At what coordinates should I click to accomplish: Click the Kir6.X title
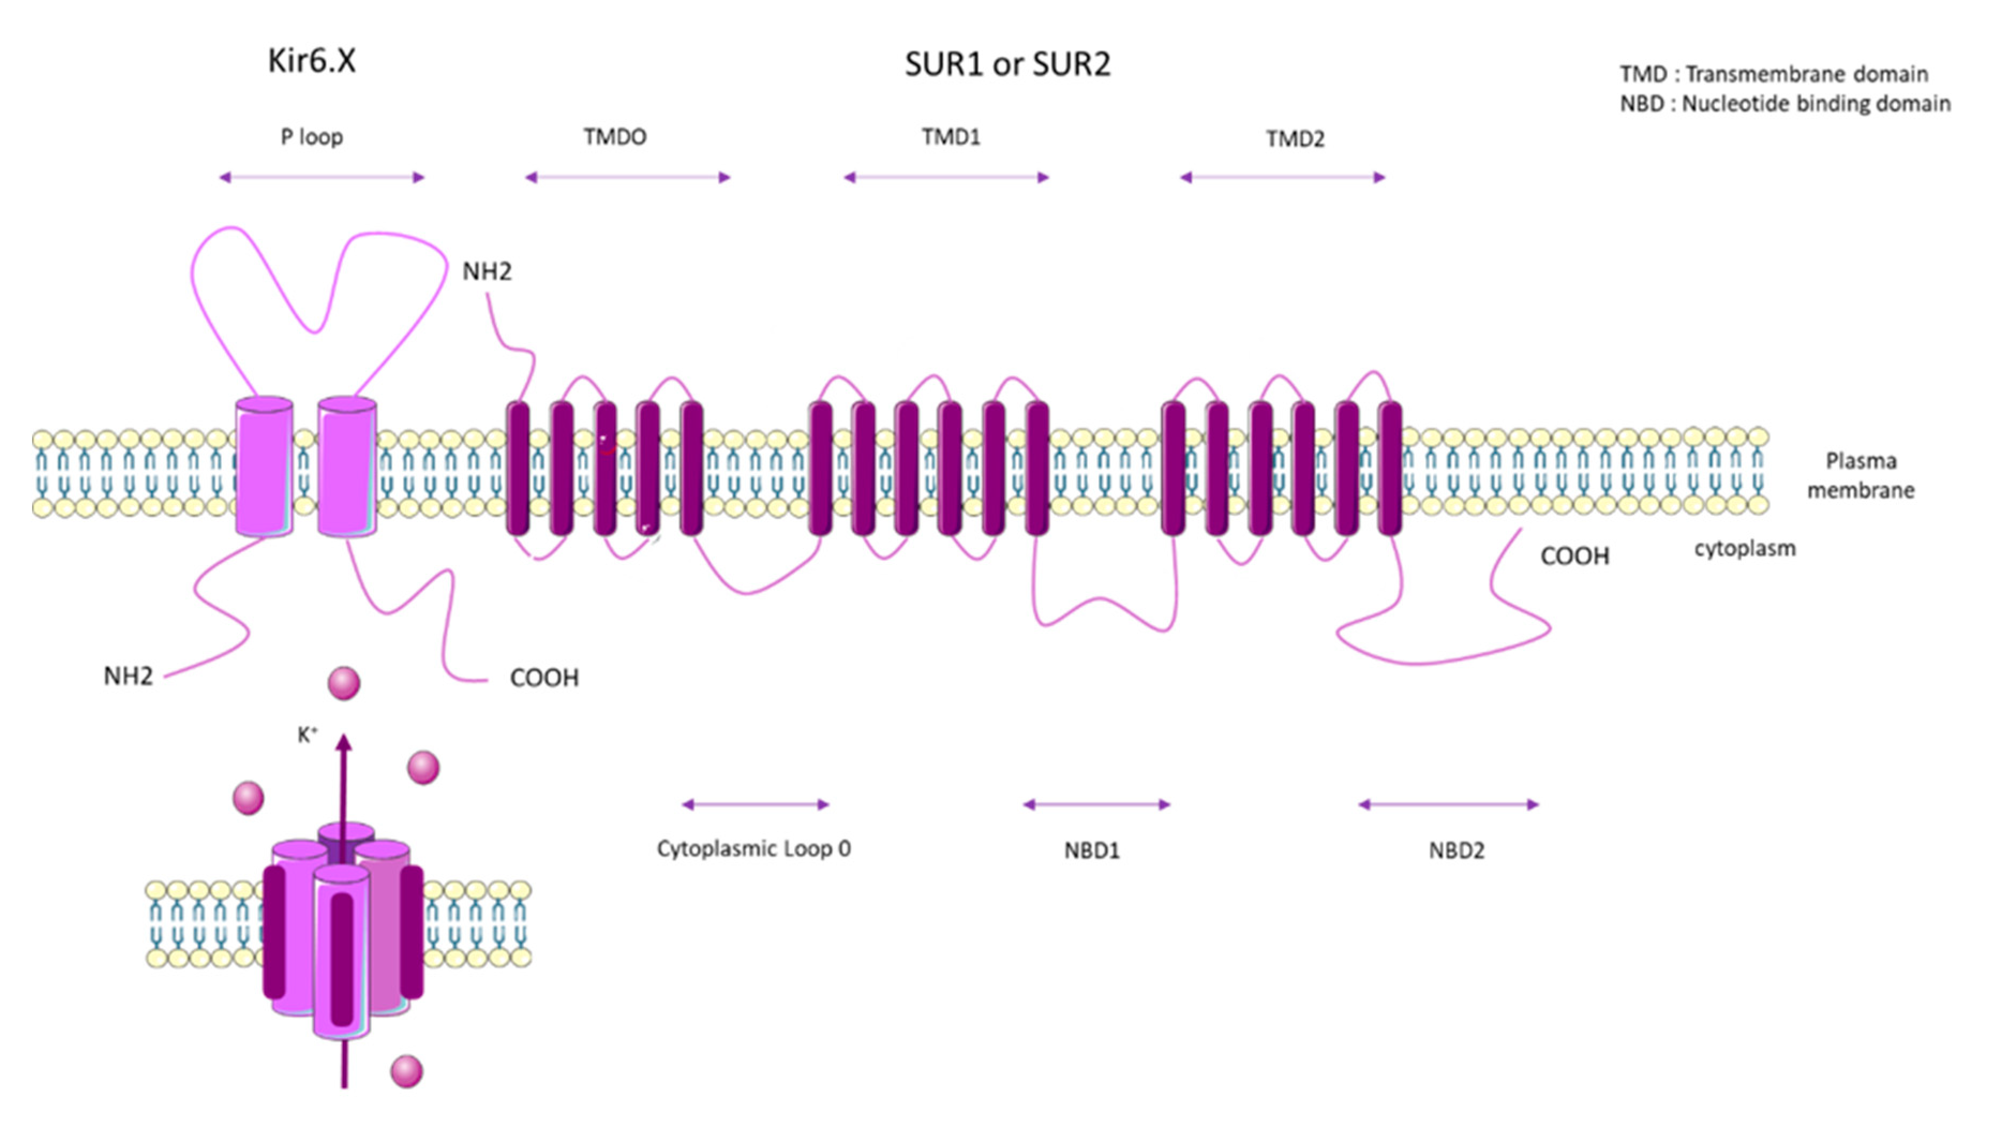pyautogui.click(x=312, y=61)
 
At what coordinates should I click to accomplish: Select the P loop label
pyautogui.click(x=312, y=137)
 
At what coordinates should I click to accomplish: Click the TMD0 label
pyautogui.click(x=615, y=137)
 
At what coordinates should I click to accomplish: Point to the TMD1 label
pyautogui.click(x=950, y=137)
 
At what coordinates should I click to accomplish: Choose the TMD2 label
pyautogui.click(x=1294, y=139)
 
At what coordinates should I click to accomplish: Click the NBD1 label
pyautogui.click(x=1092, y=850)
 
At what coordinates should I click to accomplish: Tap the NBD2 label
pyautogui.click(x=1456, y=850)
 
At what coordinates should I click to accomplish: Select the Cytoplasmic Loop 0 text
pyautogui.click(x=753, y=848)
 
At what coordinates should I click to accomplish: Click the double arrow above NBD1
pyautogui.click(x=1096, y=804)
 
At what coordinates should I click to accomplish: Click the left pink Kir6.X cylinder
pyautogui.click(x=265, y=467)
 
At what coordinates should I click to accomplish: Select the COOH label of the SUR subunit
pyautogui.click(x=1574, y=556)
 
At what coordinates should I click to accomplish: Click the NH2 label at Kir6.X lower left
pyautogui.click(x=128, y=676)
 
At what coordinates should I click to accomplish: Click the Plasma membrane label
pyautogui.click(x=1859, y=475)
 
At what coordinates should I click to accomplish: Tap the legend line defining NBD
pyautogui.click(x=1784, y=103)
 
